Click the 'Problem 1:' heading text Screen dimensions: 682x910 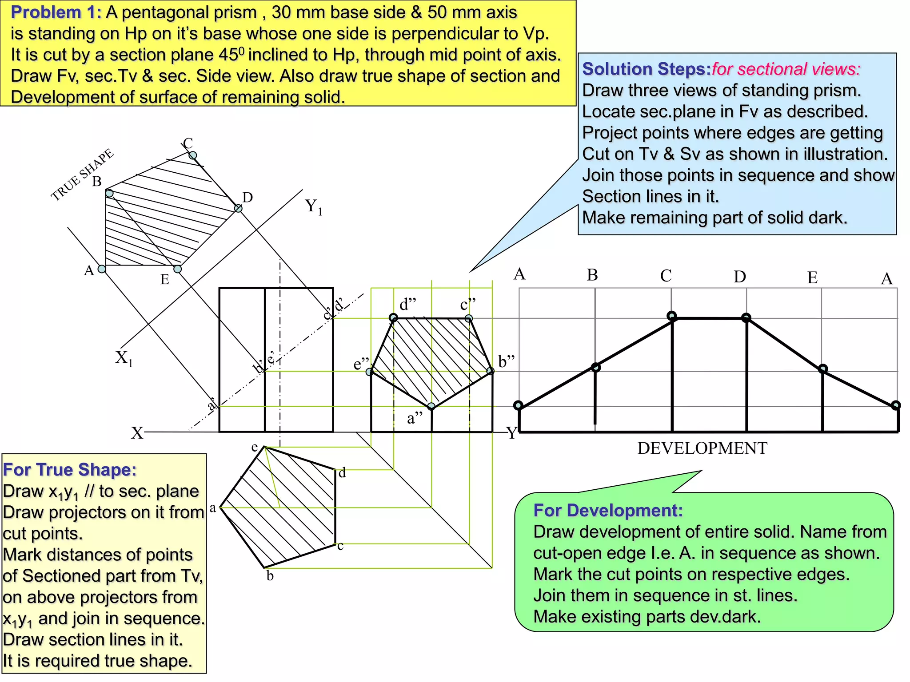56,13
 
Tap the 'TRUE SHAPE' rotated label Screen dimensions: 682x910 82,175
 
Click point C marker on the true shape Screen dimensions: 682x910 193,155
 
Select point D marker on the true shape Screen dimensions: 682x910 238,208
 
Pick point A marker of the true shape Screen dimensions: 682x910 102,269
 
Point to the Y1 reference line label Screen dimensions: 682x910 314,207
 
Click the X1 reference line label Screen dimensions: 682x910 124,358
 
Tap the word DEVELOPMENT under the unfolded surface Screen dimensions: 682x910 702,448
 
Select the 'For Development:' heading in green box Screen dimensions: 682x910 608,511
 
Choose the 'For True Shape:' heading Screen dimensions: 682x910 70,470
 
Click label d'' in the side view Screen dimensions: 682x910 407,305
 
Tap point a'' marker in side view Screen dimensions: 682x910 431,406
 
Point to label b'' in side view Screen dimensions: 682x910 506,362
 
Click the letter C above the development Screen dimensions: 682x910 666,276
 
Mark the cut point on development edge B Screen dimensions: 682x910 596,367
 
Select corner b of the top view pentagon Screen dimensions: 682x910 265,567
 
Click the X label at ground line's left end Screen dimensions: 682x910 137,433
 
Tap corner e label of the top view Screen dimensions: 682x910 255,448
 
